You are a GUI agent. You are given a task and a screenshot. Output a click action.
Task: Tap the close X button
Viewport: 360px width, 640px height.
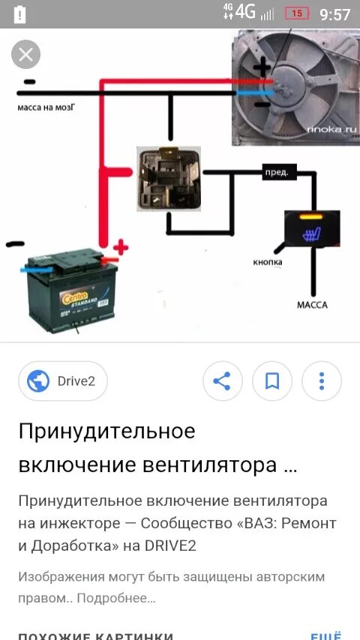click(x=26, y=54)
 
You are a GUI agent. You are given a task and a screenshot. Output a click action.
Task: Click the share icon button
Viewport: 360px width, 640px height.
click(x=222, y=381)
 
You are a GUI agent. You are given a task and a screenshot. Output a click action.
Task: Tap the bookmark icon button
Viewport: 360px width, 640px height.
click(x=271, y=381)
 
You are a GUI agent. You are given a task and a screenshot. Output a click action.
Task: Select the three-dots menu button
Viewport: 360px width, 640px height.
click(x=321, y=381)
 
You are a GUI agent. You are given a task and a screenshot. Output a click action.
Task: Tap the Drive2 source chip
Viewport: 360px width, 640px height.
click(x=63, y=381)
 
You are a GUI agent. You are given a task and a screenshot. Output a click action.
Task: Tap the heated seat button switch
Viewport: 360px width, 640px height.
click(x=312, y=229)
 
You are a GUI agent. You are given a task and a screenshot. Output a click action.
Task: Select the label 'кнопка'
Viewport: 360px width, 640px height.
click(x=267, y=262)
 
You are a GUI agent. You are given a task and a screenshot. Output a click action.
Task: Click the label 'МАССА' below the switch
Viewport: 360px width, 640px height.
click(x=312, y=305)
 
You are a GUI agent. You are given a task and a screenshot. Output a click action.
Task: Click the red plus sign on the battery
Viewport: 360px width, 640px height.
click(x=119, y=247)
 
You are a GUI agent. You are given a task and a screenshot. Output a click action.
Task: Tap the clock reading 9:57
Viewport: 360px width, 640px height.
click(x=334, y=14)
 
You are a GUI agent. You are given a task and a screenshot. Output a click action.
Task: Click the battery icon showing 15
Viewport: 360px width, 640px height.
click(x=297, y=13)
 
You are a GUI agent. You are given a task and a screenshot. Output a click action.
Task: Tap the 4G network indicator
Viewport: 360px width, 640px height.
click(x=244, y=12)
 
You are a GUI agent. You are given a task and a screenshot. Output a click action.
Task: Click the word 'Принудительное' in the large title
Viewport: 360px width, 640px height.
click(x=106, y=431)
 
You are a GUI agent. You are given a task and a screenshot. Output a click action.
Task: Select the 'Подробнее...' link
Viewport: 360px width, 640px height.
click(x=116, y=598)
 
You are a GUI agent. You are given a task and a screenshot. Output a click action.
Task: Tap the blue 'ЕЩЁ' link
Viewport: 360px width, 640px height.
click(x=325, y=635)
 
